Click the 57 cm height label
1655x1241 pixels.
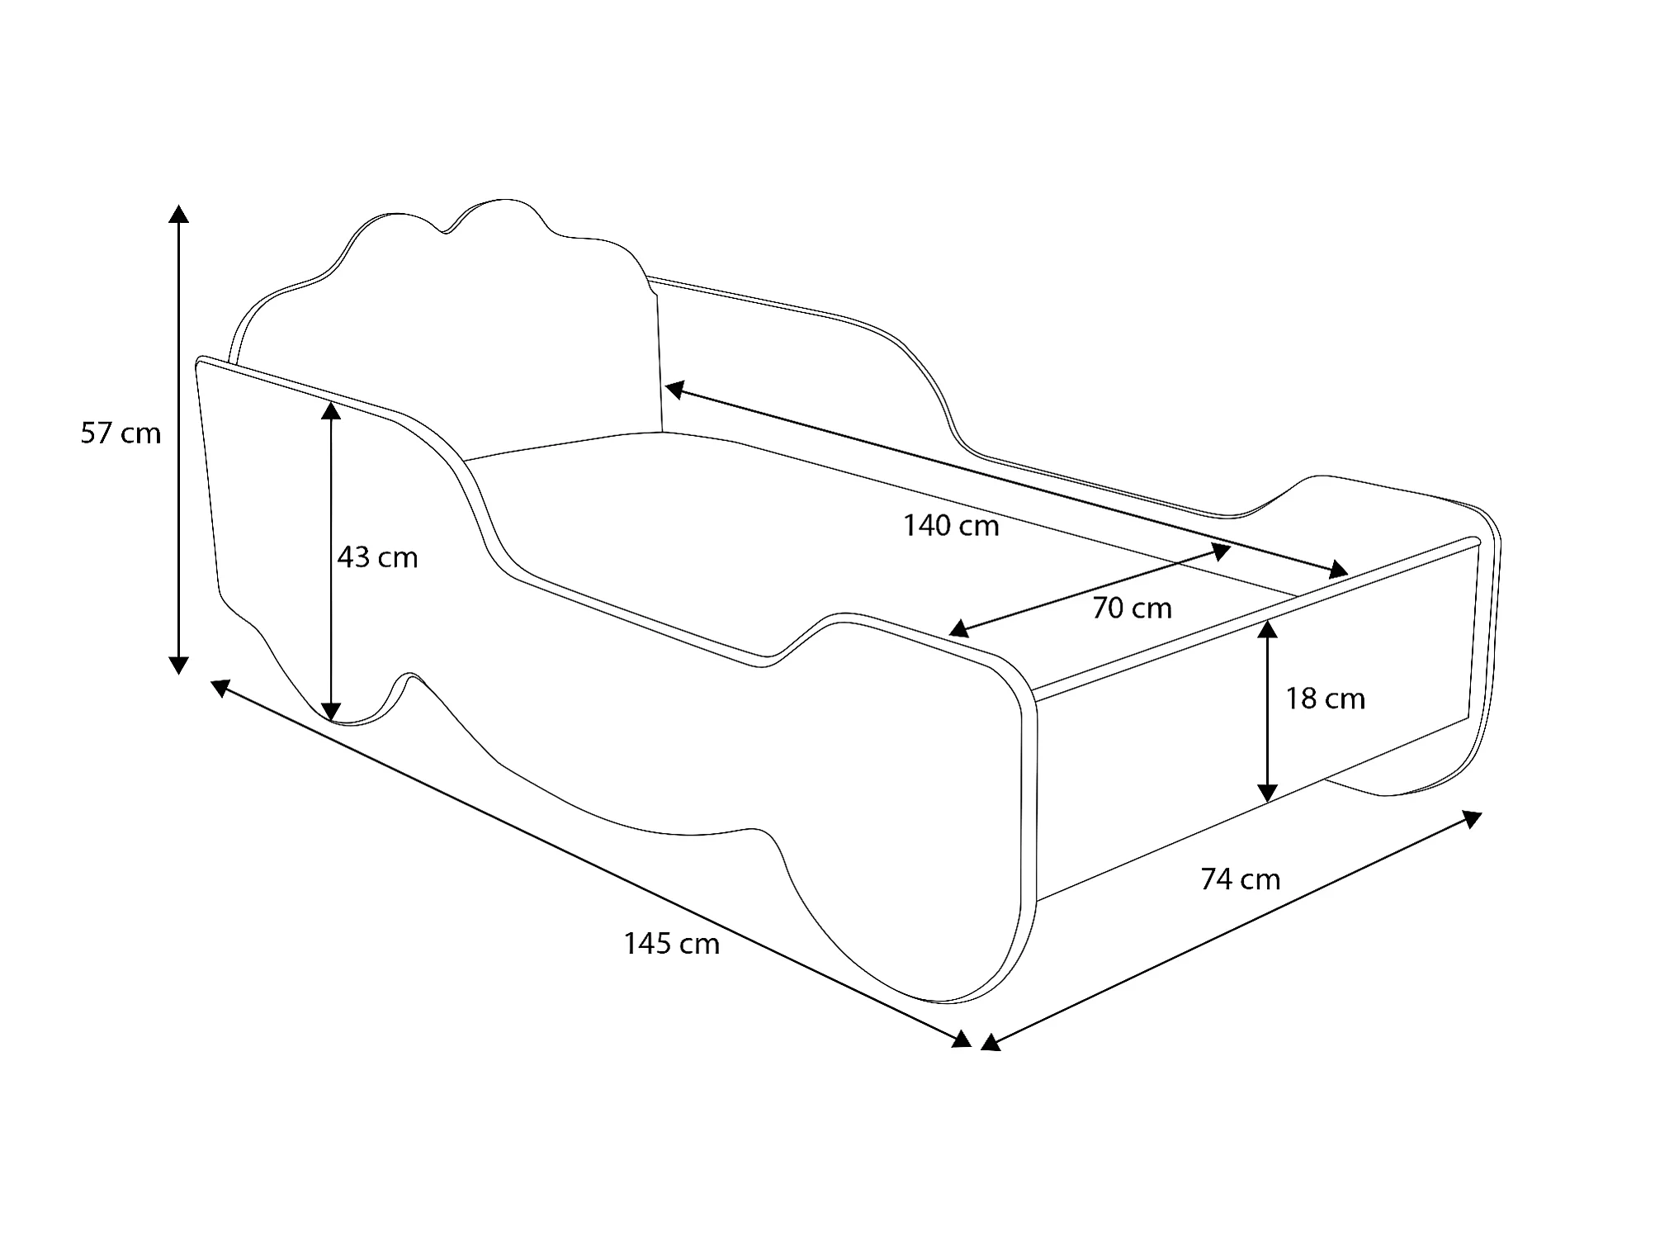[x=121, y=433]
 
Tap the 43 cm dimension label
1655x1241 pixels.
[x=377, y=558]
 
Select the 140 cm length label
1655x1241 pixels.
[x=951, y=526]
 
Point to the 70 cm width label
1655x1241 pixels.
[x=1132, y=609]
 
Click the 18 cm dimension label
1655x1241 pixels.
[x=1325, y=699]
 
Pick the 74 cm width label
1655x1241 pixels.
[x=1241, y=879]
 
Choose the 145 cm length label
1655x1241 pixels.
[x=672, y=944]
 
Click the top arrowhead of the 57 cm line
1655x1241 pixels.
[x=178, y=214]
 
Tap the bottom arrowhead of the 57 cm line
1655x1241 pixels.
[x=178, y=665]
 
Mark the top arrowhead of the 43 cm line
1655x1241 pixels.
[x=331, y=410]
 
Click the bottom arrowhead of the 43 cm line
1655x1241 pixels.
[x=331, y=711]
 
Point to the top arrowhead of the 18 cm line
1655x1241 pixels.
[x=1268, y=629]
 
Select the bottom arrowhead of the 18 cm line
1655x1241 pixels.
[x=1268, y=792]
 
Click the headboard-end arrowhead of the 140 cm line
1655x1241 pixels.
[x=675, y=389]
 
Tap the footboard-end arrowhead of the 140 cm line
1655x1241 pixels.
[x=1338, y=569]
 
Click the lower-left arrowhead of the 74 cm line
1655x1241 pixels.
[x=991, y=1043]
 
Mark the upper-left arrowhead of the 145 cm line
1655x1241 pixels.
[x=221, y=686]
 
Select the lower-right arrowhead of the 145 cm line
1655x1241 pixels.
[x=962, y=1039]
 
